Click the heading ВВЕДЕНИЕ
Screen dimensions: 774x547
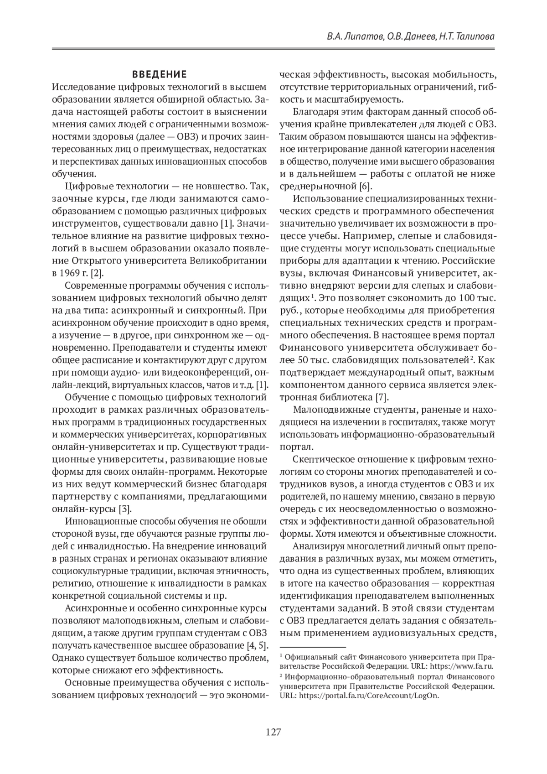coord(159,74)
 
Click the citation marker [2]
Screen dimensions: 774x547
coord(97,273)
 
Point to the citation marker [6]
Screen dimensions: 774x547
coord(366,186)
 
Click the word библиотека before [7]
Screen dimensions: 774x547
coord(345,396)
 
